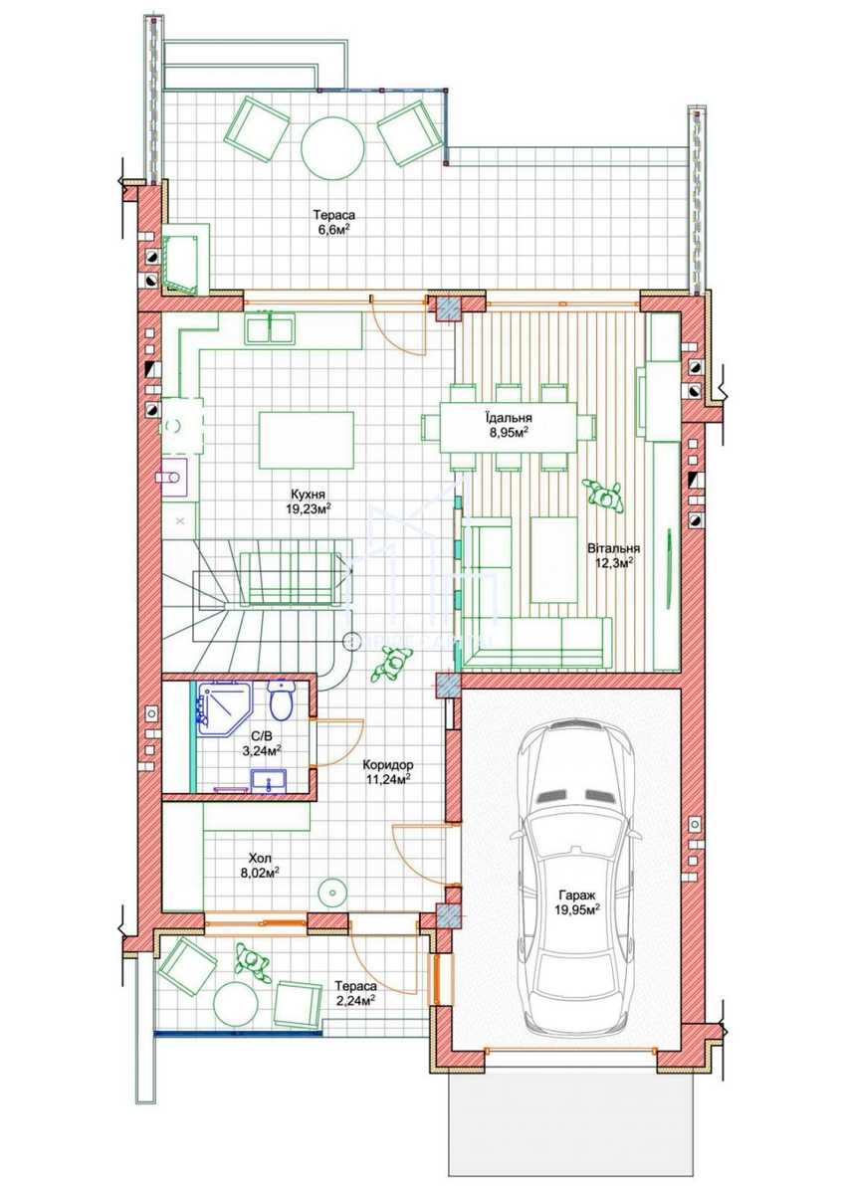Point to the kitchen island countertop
306,440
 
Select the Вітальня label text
614,548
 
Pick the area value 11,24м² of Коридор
387,778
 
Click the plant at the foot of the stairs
392,663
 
